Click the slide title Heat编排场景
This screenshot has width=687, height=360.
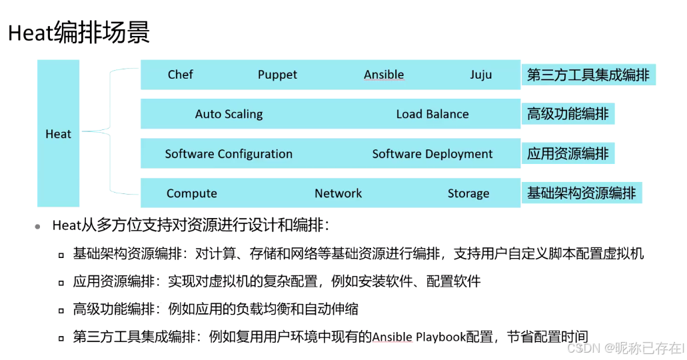(x=79, y=33)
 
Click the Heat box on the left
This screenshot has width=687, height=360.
(x=58, y=134)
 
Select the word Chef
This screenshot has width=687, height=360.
(x=180, y=75)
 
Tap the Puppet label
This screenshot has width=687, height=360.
(x=277, y=75)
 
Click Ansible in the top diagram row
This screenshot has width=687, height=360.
(x=384, y=75)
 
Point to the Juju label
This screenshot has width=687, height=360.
(x=480, y=75)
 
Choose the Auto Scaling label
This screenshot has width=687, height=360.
(x=229, y=114)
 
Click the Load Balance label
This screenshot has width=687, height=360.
(x=432, y=114)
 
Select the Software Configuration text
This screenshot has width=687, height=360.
(x=229, y=154)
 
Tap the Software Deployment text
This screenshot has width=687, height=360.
(x=432, y=154)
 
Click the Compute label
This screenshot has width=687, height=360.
(x=191, y=193)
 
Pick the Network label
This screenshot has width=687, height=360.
(x=338, y=193)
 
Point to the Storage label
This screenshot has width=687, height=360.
(x=468, y=193)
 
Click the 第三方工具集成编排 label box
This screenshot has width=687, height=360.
(x=588, y=75)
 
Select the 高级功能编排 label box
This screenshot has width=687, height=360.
(x=568, y=114)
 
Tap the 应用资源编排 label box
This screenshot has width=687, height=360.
(x=568, y=154)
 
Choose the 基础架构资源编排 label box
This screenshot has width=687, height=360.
(x=581, y=193)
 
